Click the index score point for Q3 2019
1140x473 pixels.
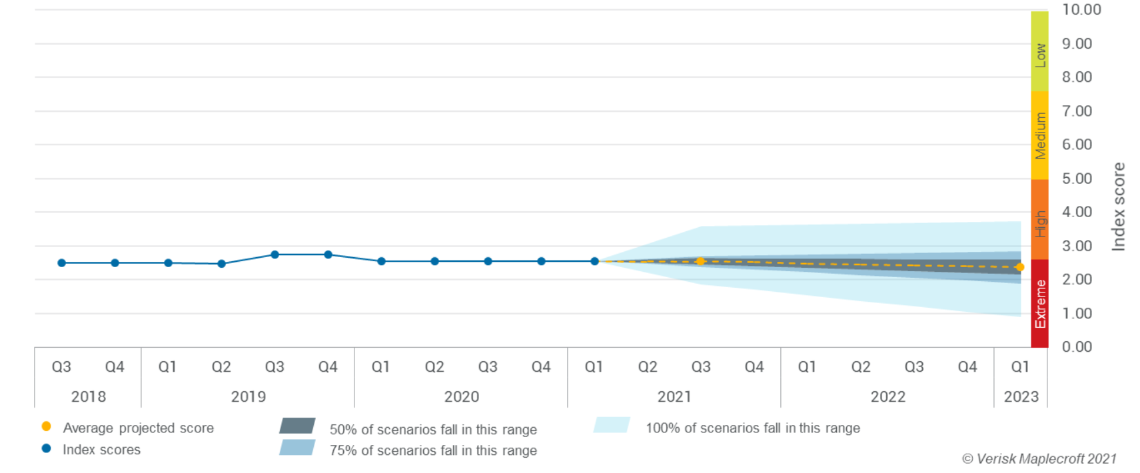(x=275, y=254)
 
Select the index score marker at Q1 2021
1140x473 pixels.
(x=594, y=261)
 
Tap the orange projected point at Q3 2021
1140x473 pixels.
(x=700, y=261)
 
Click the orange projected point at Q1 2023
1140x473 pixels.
(x=1020, y=267)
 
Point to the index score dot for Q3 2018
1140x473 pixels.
(x=61, y=263)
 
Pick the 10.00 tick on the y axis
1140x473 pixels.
(x=1081, y=9)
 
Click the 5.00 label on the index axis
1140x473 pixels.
(x=1077, y=179)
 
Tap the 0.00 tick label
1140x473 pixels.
(x=1077, y=346)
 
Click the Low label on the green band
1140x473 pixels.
(x=1040, y=55)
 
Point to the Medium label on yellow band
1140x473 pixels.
(x=1040, y=136)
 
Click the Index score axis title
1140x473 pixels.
(x=1119, y=207)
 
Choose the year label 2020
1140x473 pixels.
(x=461, y=396)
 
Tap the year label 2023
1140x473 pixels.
(x=1021, y=396)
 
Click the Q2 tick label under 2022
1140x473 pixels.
(x=861, y=366)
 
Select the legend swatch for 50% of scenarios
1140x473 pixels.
(x=297, y=426)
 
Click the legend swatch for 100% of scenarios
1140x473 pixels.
(x=612, y=425)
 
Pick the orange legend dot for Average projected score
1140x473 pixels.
(x=46, y=426)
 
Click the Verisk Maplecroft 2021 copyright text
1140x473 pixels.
(x=1039, y=458)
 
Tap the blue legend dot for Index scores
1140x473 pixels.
(x=46, y=448)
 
